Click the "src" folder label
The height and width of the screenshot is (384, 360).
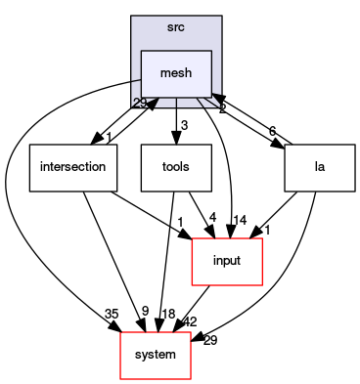coord(176,26)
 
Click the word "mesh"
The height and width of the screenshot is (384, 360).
coord(176,72)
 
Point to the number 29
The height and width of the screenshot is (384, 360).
coord(140,104)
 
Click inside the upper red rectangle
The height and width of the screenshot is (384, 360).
coord(227,262)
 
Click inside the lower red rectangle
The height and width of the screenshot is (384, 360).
coord(155,356)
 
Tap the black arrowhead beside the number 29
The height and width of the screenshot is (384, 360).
coord(153,103)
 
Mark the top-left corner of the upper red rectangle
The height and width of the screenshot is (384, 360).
coord(192,238)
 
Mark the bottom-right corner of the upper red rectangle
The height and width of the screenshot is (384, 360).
coord(262,285)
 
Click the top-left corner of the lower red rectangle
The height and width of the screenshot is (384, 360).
coord(120,332)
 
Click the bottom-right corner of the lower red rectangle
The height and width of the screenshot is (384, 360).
coord(190,379)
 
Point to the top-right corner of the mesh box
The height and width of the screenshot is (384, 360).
coord(211,51)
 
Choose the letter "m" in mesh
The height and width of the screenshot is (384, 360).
coord(163,73)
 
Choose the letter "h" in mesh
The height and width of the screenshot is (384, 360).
coord(189,72)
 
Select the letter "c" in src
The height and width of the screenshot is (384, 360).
coord(183,26)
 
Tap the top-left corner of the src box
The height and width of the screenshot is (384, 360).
coord(132,17)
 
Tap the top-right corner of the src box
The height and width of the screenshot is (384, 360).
coord(221,17)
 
